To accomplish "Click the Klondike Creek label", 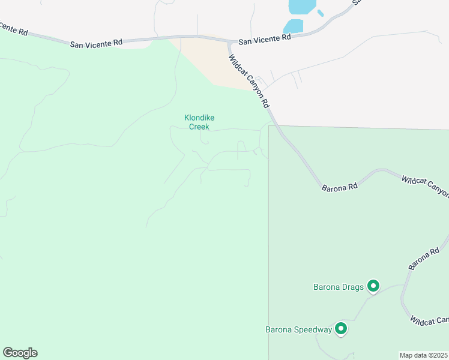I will click(197, 122).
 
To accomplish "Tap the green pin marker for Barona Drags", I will click(373, 287).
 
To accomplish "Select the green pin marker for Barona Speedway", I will click(341, 329).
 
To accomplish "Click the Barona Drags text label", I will click(339, 287).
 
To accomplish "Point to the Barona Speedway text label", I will click(299, 329).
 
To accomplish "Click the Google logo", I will click(20, 353).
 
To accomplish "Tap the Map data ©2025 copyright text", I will click(424, 355).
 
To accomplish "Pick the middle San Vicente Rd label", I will click(96, 43).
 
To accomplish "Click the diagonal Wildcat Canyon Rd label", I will click(249, 81).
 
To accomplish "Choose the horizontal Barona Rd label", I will click(340, 187).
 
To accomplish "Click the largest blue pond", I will click(301, 7).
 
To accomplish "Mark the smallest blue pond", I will click(321, 13).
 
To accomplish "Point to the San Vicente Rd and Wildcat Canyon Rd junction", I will click(229, 42).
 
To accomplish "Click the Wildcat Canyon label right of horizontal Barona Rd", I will click(426, 186).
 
